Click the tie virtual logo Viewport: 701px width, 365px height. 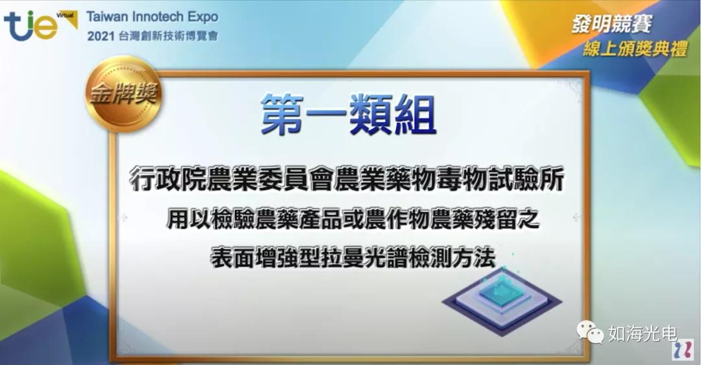tap(40, 25)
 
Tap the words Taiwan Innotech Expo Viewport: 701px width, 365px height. tap(153, 17)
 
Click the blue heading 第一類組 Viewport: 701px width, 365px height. tap(349, 114)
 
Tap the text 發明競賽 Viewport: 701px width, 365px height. tap(611, 24)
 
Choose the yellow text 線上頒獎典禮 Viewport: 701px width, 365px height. tap(635, 49)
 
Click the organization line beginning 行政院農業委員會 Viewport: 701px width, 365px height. tap(347, 179)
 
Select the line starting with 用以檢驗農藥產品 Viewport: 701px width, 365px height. tap(352, 219)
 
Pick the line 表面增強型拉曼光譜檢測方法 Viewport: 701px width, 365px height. tap(353, 258)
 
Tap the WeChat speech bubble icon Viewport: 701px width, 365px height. tap(590, 332)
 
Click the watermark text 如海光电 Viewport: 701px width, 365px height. tap(643, 333)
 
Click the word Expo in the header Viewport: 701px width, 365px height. tap(203, 18)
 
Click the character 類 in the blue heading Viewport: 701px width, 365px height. tap(371, 114)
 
